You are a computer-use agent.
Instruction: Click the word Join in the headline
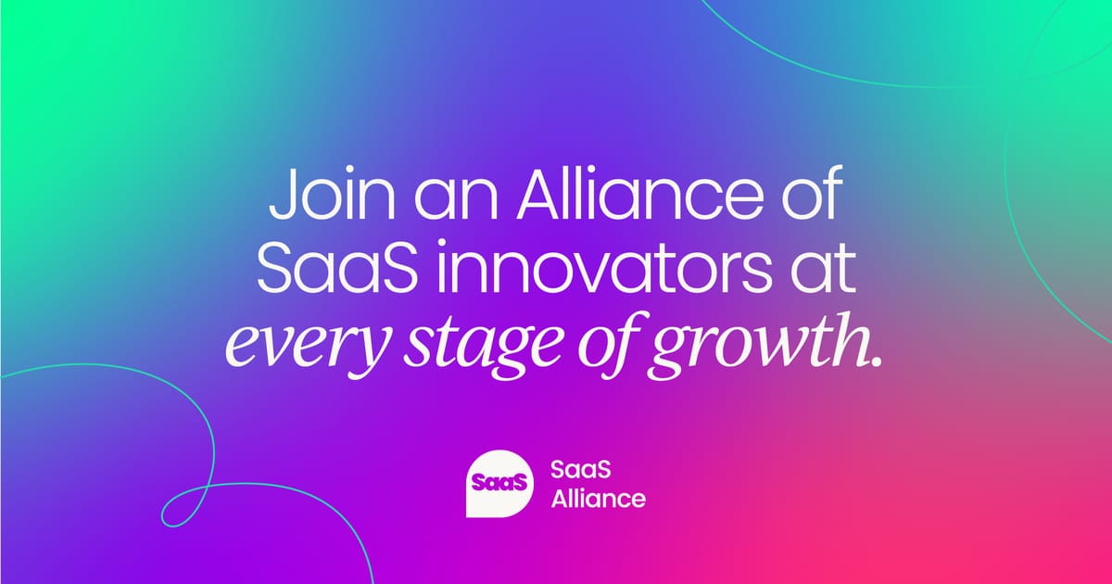(x=332, y=193)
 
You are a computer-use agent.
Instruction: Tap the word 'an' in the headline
(x=456, y=200)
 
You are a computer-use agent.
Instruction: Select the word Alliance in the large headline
(x=640, y=193)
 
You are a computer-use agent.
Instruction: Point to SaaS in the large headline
(x=337, y=267)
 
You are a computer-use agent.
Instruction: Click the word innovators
(x=604, y=267)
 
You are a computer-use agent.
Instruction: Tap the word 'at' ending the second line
(x=824, y=268)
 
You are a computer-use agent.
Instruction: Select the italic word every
(x=306, y=346)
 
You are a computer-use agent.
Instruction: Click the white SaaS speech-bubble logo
(x=499, y=484)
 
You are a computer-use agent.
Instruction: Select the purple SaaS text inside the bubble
(x=499, y=483)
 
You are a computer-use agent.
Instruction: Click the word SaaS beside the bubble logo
(x=581, y=470)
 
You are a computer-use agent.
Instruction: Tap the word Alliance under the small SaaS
(x=599, y=498)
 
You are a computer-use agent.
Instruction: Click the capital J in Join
(x=283, y=194)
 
